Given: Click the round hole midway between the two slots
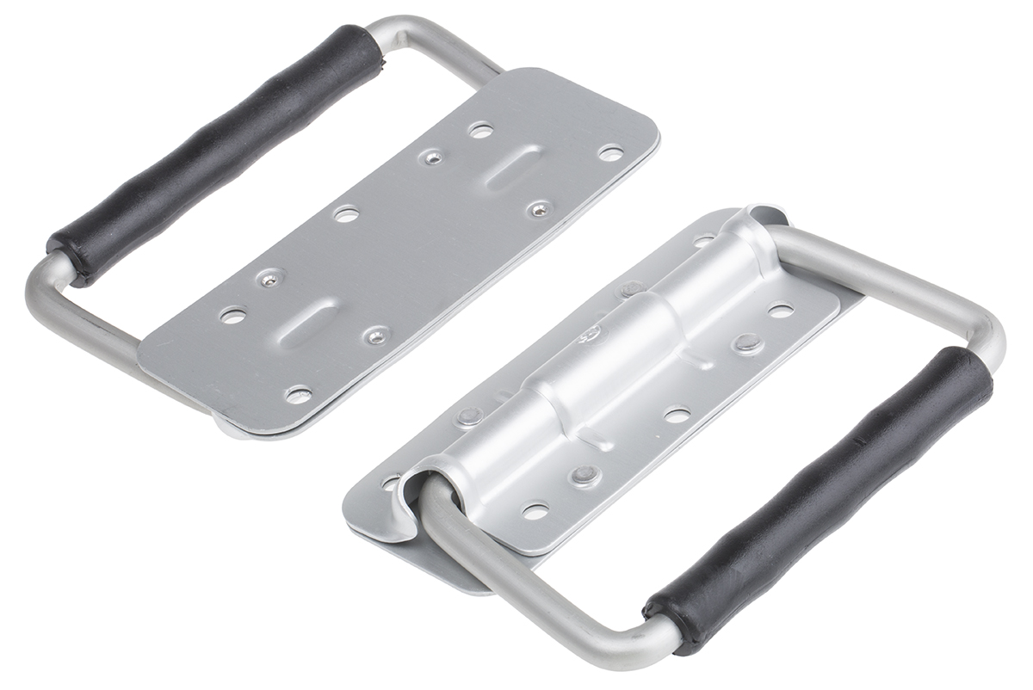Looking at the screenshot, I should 346,214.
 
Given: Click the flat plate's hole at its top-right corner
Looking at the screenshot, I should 610,153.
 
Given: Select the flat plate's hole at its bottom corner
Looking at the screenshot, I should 298,395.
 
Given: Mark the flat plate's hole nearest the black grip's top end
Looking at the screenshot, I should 480,131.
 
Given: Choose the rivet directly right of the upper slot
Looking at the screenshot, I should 540,209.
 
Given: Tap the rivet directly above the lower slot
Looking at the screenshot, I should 270,279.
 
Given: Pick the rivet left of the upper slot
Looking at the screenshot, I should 433,157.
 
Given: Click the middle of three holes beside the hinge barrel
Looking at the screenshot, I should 677,416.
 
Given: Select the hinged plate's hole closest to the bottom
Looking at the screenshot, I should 535,512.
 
